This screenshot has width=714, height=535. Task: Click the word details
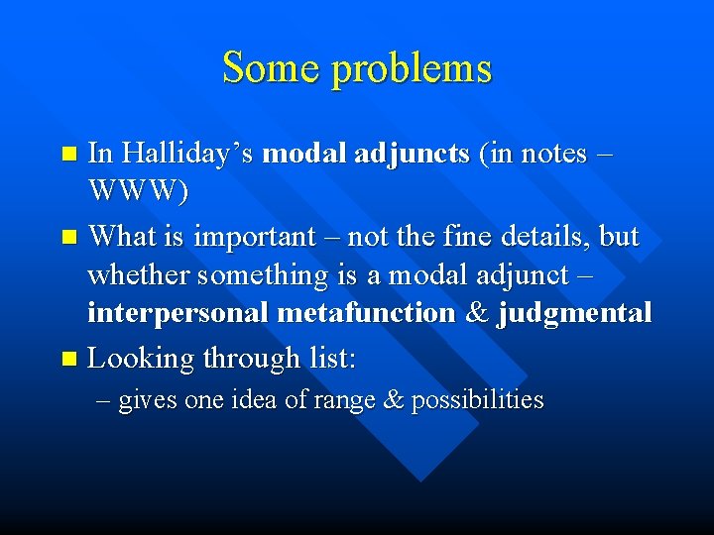pos(538,236)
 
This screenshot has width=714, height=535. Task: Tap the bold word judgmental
pos(574,313)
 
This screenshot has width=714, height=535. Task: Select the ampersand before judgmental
pos(477,313)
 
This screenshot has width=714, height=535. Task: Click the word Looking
pos(141,359)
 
